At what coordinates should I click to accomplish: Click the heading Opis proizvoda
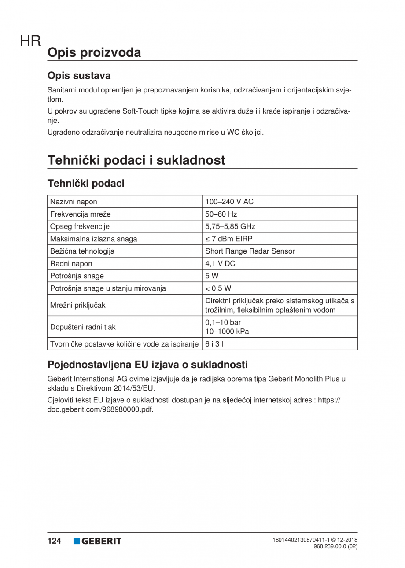(94, 52)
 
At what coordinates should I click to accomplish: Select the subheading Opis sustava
(79, 76)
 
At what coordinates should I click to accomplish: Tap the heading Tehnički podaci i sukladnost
(136, 160)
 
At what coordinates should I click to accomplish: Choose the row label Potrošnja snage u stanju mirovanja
(108, 288)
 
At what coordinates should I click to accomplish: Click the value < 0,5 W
(218, 288)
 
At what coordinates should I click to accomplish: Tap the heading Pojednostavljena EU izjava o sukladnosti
(147, 365)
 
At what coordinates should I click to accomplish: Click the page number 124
(55, 541)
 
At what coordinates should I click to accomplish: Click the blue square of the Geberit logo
(77, 541)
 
